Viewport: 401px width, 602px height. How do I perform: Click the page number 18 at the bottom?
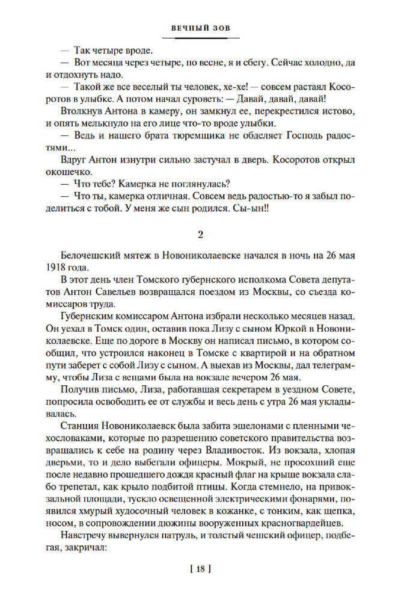pyautogui.click(x=201, y=568)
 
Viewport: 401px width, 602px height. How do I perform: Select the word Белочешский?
pyautogui.click(x=90, y=256)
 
